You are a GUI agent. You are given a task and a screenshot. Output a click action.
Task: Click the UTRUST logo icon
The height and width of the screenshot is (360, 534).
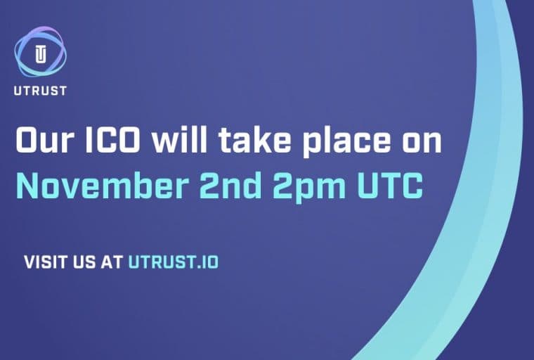[40, 53]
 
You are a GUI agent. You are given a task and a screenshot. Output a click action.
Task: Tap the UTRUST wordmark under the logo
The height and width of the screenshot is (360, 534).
[40, 91]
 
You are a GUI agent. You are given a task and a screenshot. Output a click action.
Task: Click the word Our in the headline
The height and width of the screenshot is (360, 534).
[48, 141]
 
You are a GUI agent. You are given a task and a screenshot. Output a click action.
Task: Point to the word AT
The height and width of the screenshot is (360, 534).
[113, 262]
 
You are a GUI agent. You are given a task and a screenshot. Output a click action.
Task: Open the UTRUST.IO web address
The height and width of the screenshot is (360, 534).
[173, 262]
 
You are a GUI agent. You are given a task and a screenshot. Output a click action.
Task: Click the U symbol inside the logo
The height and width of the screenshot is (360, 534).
[40, 54]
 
